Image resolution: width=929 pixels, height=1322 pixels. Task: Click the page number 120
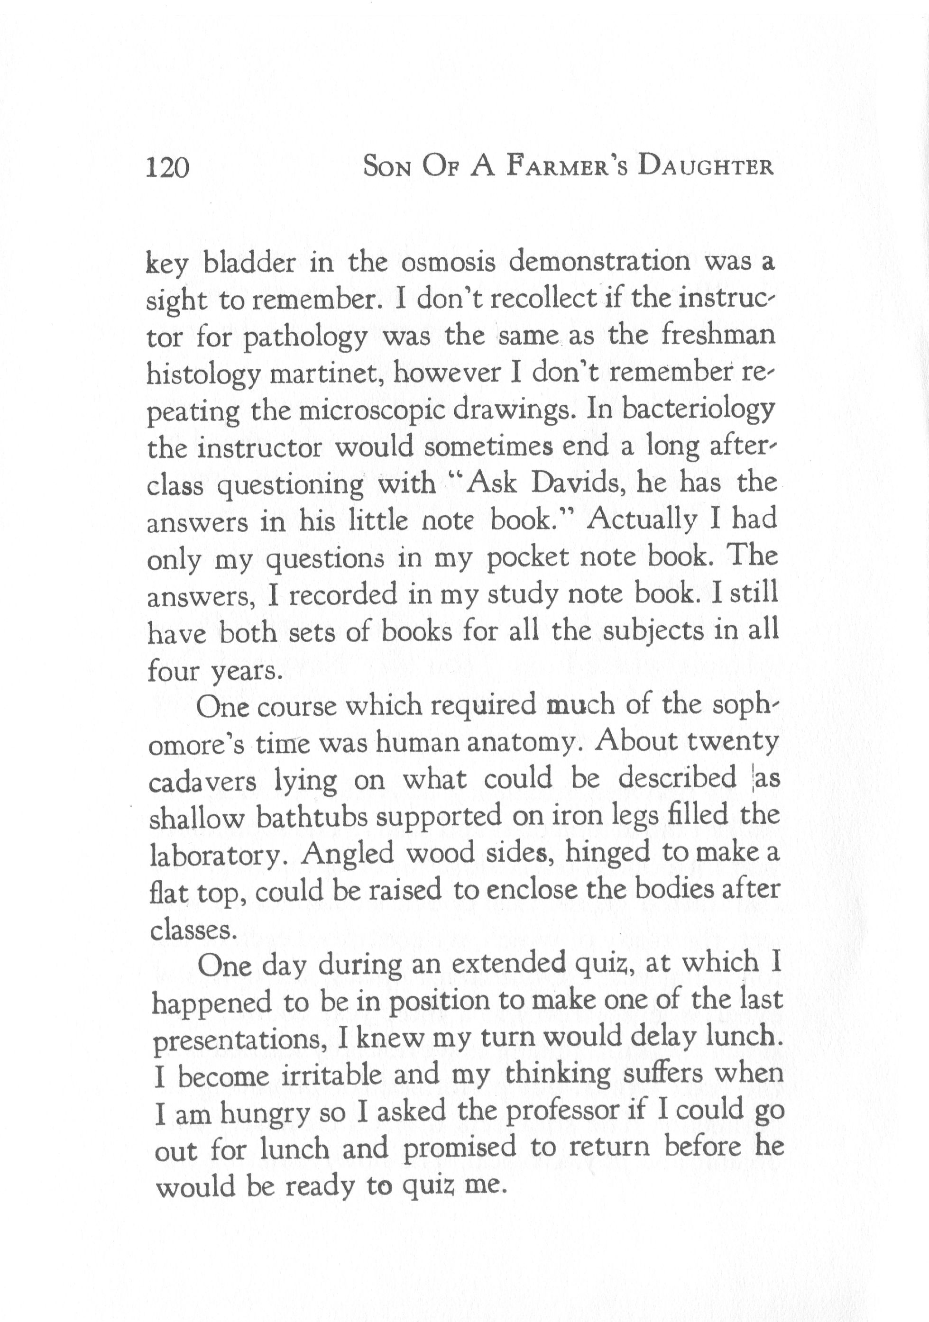pos(167,169)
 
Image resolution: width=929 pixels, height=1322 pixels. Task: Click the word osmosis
pos(448,263)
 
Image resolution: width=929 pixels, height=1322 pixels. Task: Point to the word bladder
pos(250,263)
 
